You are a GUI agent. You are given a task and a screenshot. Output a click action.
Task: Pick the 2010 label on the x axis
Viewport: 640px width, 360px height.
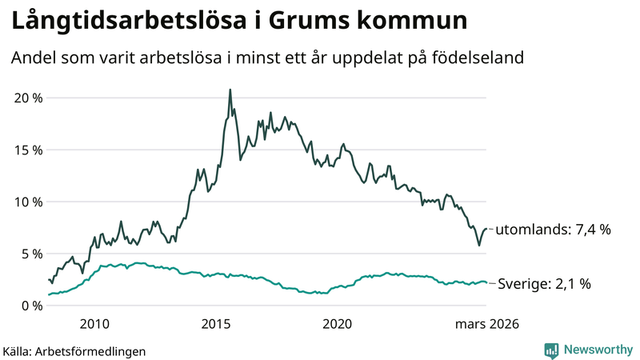click(x=94, y=324)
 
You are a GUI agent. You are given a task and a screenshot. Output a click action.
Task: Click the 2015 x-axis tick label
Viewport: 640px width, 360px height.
click(x=216, y=324)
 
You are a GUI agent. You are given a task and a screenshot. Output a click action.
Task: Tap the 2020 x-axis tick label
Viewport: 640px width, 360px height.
click(x=337, y=324)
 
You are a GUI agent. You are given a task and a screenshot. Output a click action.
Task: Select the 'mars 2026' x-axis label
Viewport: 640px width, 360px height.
click(x=487, y=324)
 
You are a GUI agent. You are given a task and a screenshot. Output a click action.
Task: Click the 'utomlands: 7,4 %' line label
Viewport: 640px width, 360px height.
click(x=554, y=230)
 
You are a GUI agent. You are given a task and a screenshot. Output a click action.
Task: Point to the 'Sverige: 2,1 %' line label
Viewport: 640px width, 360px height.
click(x=545, y=284)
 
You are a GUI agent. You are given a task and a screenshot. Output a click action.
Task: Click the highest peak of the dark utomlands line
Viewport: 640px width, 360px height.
click(x=230, y=90)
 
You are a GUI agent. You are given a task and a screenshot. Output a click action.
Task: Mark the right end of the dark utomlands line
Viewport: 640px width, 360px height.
click(x=486, y=230)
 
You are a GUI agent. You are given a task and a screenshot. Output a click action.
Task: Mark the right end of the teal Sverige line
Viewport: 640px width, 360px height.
click(x=486, y=283)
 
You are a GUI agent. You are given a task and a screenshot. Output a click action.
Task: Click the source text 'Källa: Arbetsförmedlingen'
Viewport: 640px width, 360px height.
click(x=74, y=351)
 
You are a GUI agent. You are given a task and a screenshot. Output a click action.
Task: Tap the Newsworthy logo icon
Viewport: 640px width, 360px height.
click(x=551, y=350)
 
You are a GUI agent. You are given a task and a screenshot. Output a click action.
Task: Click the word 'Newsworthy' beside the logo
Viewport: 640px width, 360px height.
click(x=597, y=350)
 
